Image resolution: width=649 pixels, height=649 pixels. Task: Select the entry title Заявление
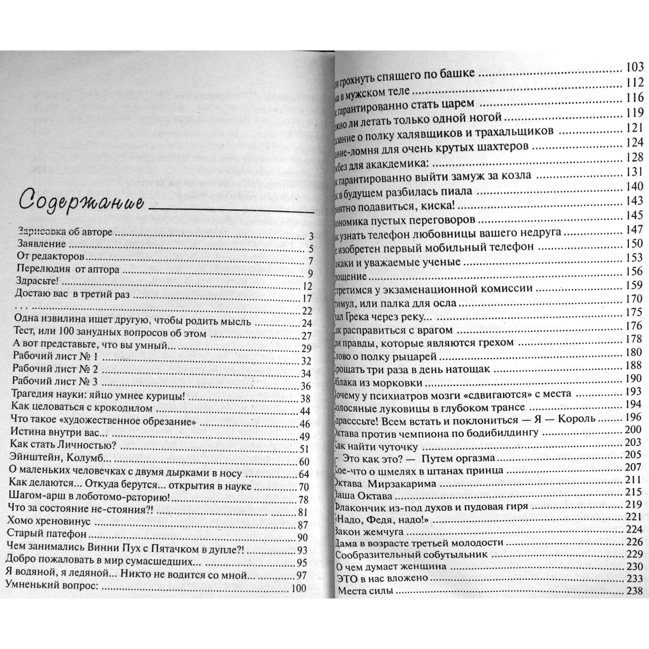[41, 244]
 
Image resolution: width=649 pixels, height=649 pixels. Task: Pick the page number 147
[635, 229]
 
